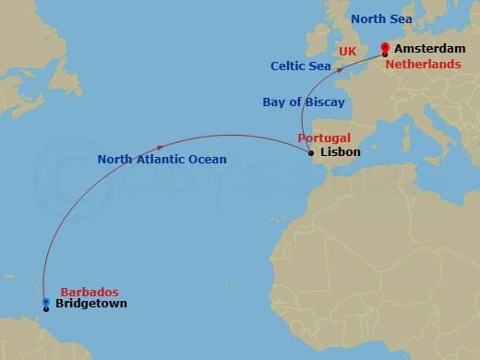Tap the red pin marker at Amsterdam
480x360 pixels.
pos(384,48)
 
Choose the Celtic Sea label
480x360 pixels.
pos(301,66)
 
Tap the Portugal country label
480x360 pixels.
pos(324,138)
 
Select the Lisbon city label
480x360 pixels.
pos(342,152)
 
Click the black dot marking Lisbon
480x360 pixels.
pos(311,153)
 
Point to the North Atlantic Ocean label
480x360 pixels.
pos(162,160)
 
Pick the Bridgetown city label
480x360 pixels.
pos(91,304)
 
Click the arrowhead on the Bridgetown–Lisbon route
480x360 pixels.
pos(162,146)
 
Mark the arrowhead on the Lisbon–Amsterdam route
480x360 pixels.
pos(339,68)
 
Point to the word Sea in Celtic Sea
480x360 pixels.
pos(319,66)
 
